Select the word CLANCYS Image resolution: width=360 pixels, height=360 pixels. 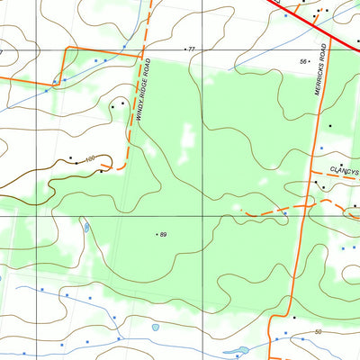tap(344, 170)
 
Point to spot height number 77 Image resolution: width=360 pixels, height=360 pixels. tap(192, 49)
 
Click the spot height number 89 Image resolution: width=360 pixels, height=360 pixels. tap(164, 235)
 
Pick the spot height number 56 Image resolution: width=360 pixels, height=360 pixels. tap(303, 61)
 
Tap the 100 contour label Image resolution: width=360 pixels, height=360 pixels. tap(89, 159)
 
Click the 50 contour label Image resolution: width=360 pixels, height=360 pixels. tap(319, 333)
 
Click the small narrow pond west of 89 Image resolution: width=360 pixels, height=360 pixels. tap(86, 227)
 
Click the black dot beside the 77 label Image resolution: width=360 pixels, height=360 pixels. tap(185, 49)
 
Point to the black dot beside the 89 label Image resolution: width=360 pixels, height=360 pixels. tap(157, 235)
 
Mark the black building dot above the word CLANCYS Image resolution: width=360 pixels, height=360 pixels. tap(340, 166)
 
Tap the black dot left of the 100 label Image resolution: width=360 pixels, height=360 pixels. tap(70, 157)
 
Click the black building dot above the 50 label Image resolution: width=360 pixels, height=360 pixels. tap(294, 317)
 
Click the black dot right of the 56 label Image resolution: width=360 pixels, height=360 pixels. tap(310, 61)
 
